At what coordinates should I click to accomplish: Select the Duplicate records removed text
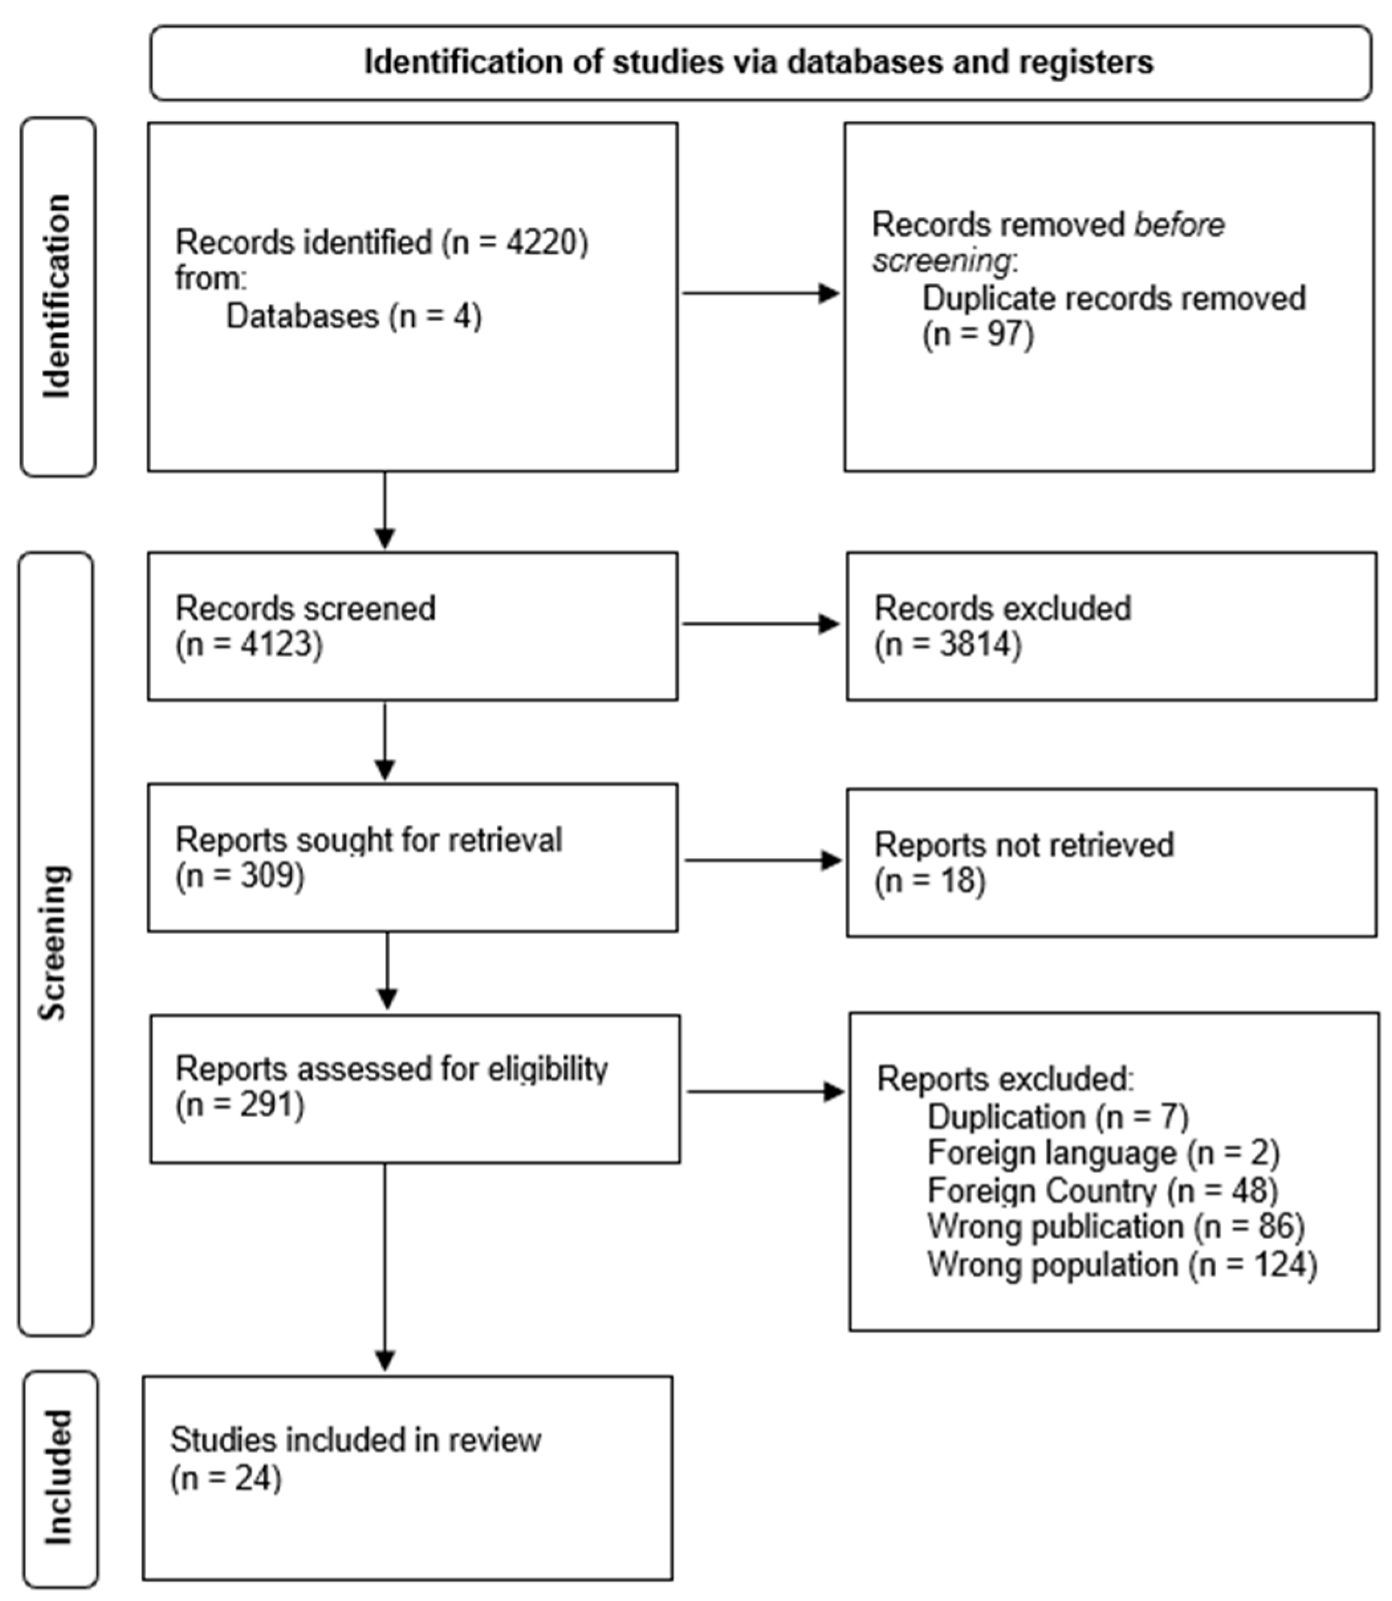point(1113,298)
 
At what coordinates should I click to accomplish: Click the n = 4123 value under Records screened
point(249,645)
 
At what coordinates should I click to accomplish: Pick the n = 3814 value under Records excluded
point(948,645)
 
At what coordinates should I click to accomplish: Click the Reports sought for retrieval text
point(368,840)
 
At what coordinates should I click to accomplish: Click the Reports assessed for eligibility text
point(392,1069)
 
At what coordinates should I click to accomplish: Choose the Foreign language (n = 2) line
point(1103,1153)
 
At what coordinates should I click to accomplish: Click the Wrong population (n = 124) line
point(1122,1265)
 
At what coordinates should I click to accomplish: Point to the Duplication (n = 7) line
point(1058,1117)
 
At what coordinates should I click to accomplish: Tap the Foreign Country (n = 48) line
point(1102,1190)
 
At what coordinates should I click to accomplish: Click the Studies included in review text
point(356,1439)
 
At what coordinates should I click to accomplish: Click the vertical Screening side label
point(54,942)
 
